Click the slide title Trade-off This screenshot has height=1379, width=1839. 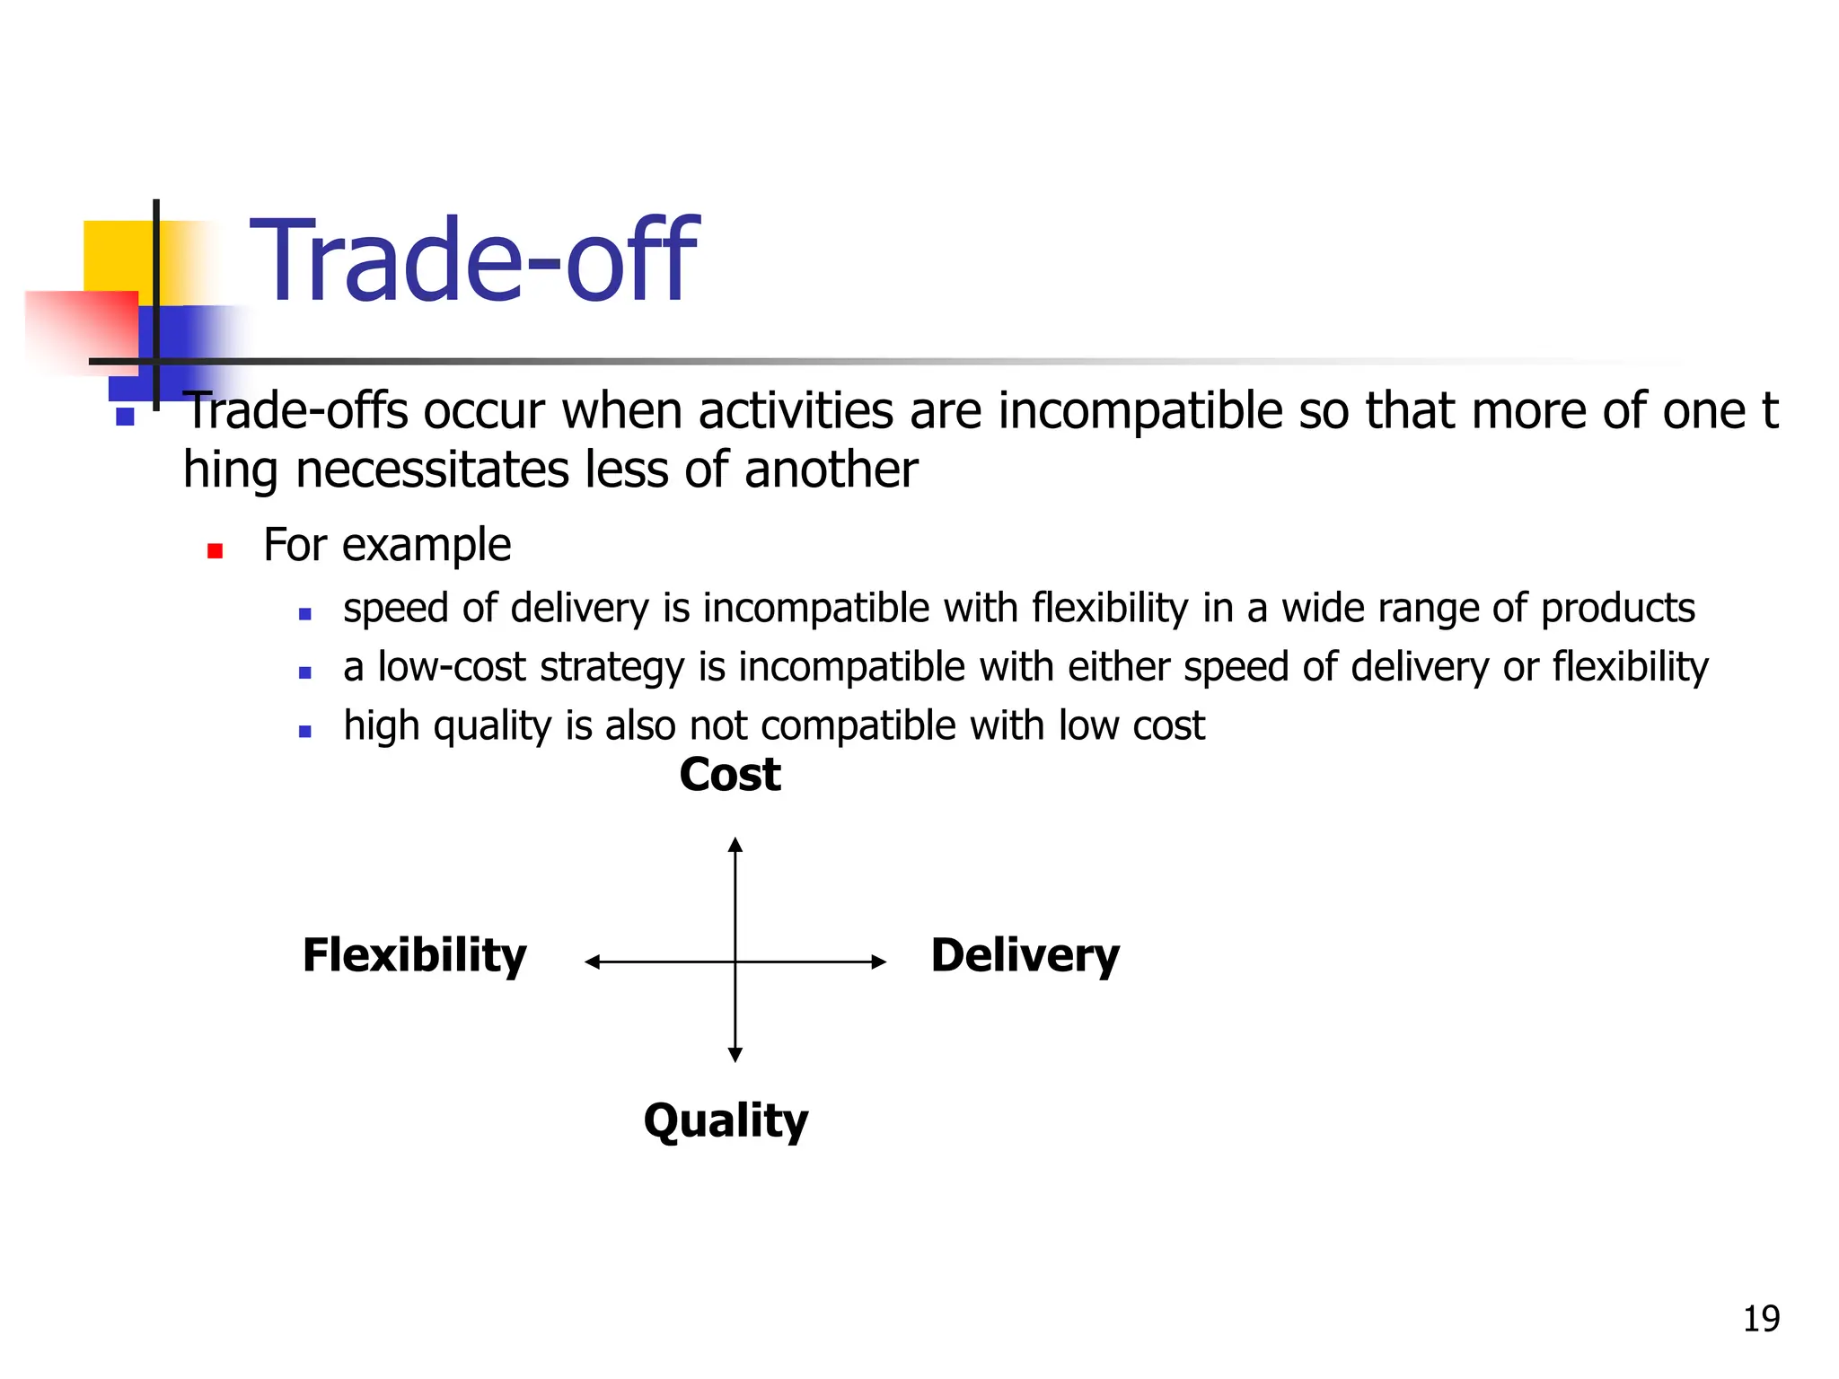[x=473, y=261]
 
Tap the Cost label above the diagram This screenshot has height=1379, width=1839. [x=730, y=775]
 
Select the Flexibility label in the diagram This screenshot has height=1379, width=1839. [x=415, y=955]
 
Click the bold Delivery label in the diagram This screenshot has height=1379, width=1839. [x=1025, y=955]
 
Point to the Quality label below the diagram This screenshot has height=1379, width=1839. [x=726, y=1121]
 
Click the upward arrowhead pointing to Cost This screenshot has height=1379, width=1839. [x=735, y=844]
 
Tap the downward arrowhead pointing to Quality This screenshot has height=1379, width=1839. [x=735, y=1055]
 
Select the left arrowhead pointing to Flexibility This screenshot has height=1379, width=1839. [x=592, y=962]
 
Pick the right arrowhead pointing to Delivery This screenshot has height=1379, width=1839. [x=879, y=962]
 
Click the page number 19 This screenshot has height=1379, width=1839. [x=1761, y=1319]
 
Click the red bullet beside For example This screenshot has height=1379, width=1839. [x=215, y=550]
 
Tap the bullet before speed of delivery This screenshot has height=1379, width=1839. [x=305, y=614]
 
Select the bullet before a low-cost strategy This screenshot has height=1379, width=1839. [x=305, y=672]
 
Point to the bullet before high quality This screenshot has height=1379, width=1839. [x=305, y=732]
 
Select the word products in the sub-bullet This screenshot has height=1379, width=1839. [x=1618, y=609]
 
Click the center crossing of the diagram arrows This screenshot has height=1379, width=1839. [x=735, y=962]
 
